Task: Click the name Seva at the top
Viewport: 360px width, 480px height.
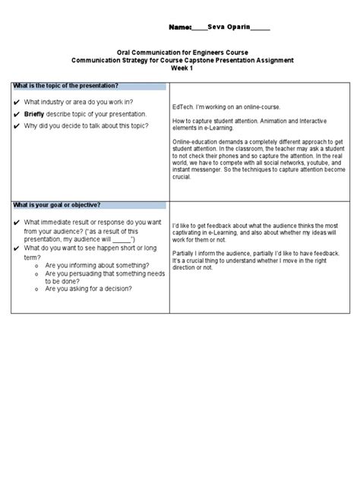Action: coord(216,27)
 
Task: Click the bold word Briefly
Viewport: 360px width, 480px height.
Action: coord(35,114)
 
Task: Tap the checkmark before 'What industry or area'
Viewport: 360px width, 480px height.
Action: coord(16,102)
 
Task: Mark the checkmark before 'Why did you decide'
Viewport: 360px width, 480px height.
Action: coord(16,125)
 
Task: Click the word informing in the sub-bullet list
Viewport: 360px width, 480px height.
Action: coord(85,266)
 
